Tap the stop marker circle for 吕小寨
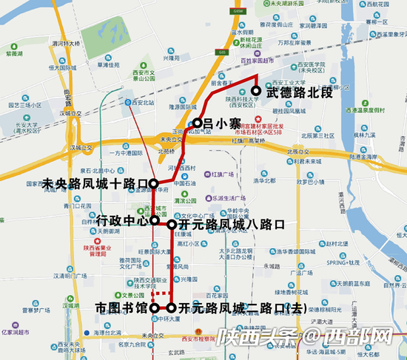tap(198, 123)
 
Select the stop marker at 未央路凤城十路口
tap(152, 183)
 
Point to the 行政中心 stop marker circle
tap(154, 220)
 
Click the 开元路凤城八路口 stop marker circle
tap(172, 224)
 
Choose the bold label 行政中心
tap(121, 220)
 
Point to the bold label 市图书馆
tap(121, 308)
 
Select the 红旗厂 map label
tap(222, 174)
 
